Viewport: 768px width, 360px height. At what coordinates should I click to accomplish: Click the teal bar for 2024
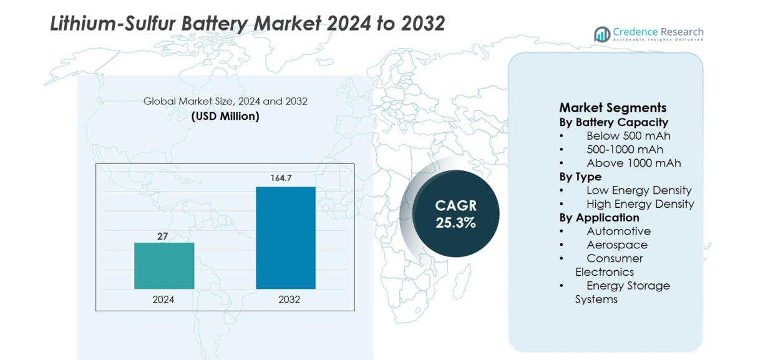pyautogui.click(x=164, y=266)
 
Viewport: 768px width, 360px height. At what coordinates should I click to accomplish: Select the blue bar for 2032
pyautogui.click(x=286, y=238)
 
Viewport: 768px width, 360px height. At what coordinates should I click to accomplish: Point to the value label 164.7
pyautogui.click(x=281, y=178)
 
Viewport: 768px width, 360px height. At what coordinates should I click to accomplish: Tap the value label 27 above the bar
pyautogui.click(x=162, y=236)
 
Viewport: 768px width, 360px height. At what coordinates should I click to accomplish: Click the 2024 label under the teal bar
pyautogui.click(x=163, y=299)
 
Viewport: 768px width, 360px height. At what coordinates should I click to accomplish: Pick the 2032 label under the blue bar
pyautogui.click(x=289, y=299)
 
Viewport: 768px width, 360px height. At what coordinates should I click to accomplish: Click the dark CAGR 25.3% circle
pyautogui.click(x=455, y=213)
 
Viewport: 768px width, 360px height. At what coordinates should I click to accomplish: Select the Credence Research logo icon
pyautogui.click(x=602, y=34)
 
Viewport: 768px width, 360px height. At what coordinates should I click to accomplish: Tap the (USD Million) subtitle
pyautogui.click(x=225, y=117)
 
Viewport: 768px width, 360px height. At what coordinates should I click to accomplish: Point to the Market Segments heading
pyautogui.click(x=613, y=107)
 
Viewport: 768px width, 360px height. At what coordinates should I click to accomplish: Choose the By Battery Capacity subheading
pyautogui.click(x=613, y=122)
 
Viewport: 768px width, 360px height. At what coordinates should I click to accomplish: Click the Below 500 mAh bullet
pyautogui.click(x=628, y=136)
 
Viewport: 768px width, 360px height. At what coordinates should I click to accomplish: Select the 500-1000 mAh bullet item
pyautogui.click(x=625, y=150)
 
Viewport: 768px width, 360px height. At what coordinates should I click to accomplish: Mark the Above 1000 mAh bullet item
pyautogui.click(x=633, y=163)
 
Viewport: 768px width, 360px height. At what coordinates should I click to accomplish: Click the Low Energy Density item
pyautogui.click(x=638, y=190)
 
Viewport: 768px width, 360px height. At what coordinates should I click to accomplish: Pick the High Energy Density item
pyautogui.click(x=639, y=204)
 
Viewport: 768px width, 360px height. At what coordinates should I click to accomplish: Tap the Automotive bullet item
pyautogui.click(x=618, y=231)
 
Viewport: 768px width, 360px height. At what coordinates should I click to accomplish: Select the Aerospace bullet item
pyautogui.click(x=616, y=245)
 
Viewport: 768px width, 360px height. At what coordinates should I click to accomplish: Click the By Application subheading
pyautogui.click(x=599, y=218)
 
